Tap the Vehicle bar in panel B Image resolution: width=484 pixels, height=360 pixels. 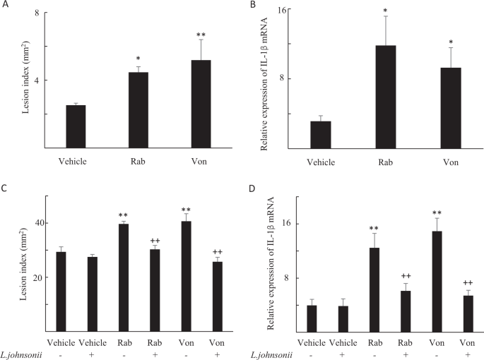tap(321, 135)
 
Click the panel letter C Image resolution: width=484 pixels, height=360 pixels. tap(5, 188)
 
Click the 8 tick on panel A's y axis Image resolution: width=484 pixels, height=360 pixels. tap(35, 13)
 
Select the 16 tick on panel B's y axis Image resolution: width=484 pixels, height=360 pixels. tap(288, 10)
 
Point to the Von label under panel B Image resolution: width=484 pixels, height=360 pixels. tap(450, 162)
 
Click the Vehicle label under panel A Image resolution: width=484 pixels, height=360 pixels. tap(72, 162)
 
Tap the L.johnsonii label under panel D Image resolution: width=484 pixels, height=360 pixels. tap(273, 356)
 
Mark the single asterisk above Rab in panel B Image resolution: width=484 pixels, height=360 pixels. tap(386, 12)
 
